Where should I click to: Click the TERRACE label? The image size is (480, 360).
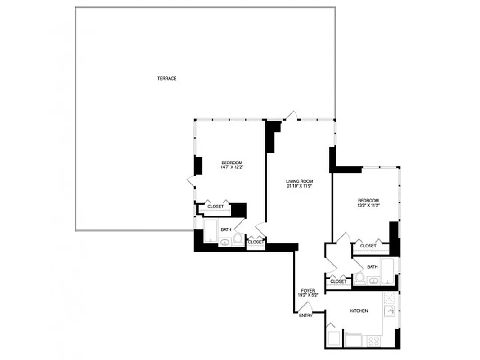tap(166, 79)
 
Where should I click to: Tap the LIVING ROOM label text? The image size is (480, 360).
tap(299, 181)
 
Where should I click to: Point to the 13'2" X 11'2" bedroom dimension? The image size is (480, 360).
tap(368, 206)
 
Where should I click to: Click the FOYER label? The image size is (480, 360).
tap(308, 291)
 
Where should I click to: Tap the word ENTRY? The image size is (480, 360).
tap(305, 315)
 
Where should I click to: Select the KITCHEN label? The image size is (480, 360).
tap(359, 311)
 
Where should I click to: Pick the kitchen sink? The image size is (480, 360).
tap(390, 311)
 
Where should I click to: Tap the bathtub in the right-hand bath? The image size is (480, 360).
tap(387, 271)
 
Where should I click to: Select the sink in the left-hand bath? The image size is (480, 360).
tap(224, 243)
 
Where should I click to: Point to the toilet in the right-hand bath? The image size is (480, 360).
tap(360, 278)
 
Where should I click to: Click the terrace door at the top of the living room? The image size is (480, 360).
tap(291, 116)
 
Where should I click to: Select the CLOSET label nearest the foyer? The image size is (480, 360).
tap(338, 281)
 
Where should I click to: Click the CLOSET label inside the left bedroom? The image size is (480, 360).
tap(215, 207)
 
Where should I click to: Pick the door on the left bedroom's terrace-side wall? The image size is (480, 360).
tap(191, 181)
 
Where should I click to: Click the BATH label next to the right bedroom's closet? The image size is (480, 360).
tap(372, 266)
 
